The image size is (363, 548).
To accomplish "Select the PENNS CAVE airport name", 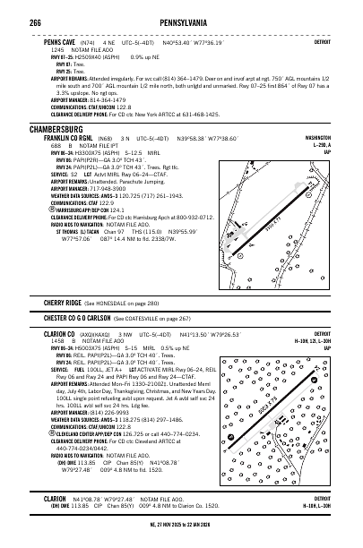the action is click(50, 42).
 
